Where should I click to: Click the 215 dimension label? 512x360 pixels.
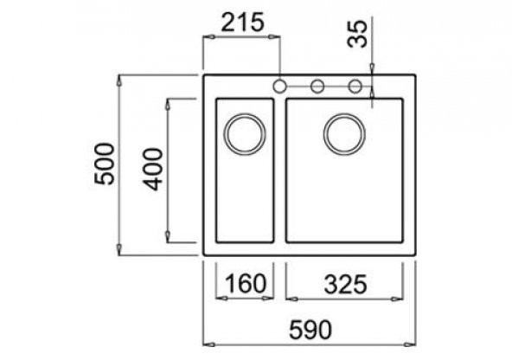click(x=242, y=22)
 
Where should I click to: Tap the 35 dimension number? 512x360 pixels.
click(x=357, y=34)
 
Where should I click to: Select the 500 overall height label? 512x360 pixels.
click(x=105, y=164)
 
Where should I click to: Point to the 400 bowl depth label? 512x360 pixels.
click(x=152, y=170)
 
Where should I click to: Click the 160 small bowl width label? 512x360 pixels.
click(x=246, y=283)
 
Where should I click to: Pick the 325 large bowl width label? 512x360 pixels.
click(x=345, y=284)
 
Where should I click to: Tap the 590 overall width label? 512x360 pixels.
click(x=310, y=330)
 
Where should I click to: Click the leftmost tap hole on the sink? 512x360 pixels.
click(x=279, y=87)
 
